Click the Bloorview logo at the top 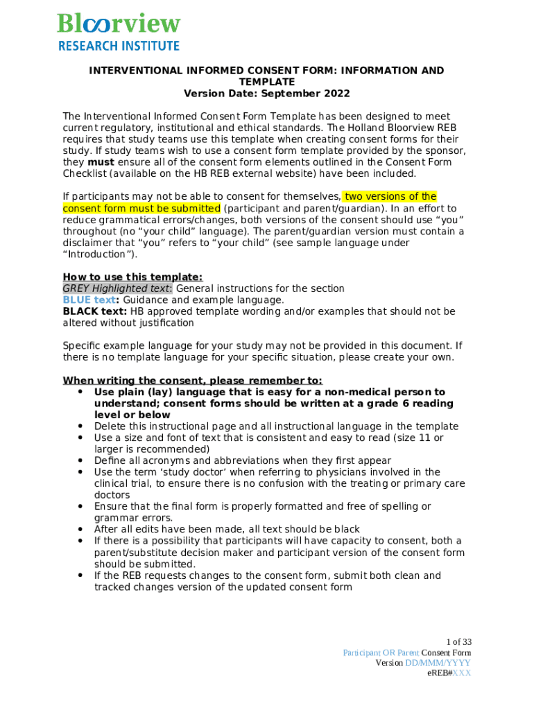[x=119, y=24]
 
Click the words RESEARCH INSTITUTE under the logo [x=119, y=46]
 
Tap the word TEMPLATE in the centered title [x=267, y=82]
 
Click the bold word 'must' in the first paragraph [x=82, y=162]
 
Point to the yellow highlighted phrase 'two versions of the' [x=390, y=197]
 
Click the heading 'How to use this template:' [x=132, y=277]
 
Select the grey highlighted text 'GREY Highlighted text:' [x=117, y=288]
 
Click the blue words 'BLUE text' [x=88, y=300]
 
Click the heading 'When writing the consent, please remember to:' [x=192, y=381]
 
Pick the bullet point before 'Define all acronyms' [x=81, y=460]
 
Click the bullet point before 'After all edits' [x=81, y=529]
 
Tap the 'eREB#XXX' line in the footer [x=449, y=673]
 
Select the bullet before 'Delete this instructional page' [x=81, y=426]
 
